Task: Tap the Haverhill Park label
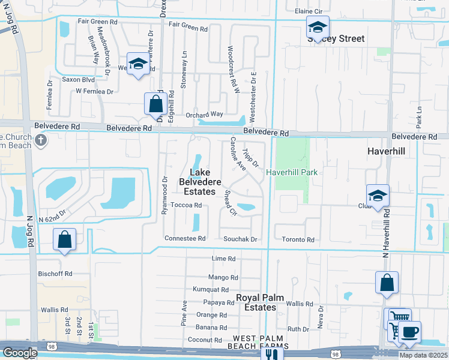[x=292, y=172]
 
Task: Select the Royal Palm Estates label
[x=256, y=302]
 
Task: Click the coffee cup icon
[x=409, y=333]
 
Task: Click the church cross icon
[x=41, y=141]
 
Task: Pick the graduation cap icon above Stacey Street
[x=318, y=26]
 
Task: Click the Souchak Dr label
[x=240, y=239]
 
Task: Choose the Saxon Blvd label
[x=79, y=79]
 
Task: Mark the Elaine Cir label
[x=310, y=11]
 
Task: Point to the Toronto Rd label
[x=298, y=240]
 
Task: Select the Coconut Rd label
[x=205, y=340]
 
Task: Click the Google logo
[x=19, y=353]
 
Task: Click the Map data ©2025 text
[x=423, y=355]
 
